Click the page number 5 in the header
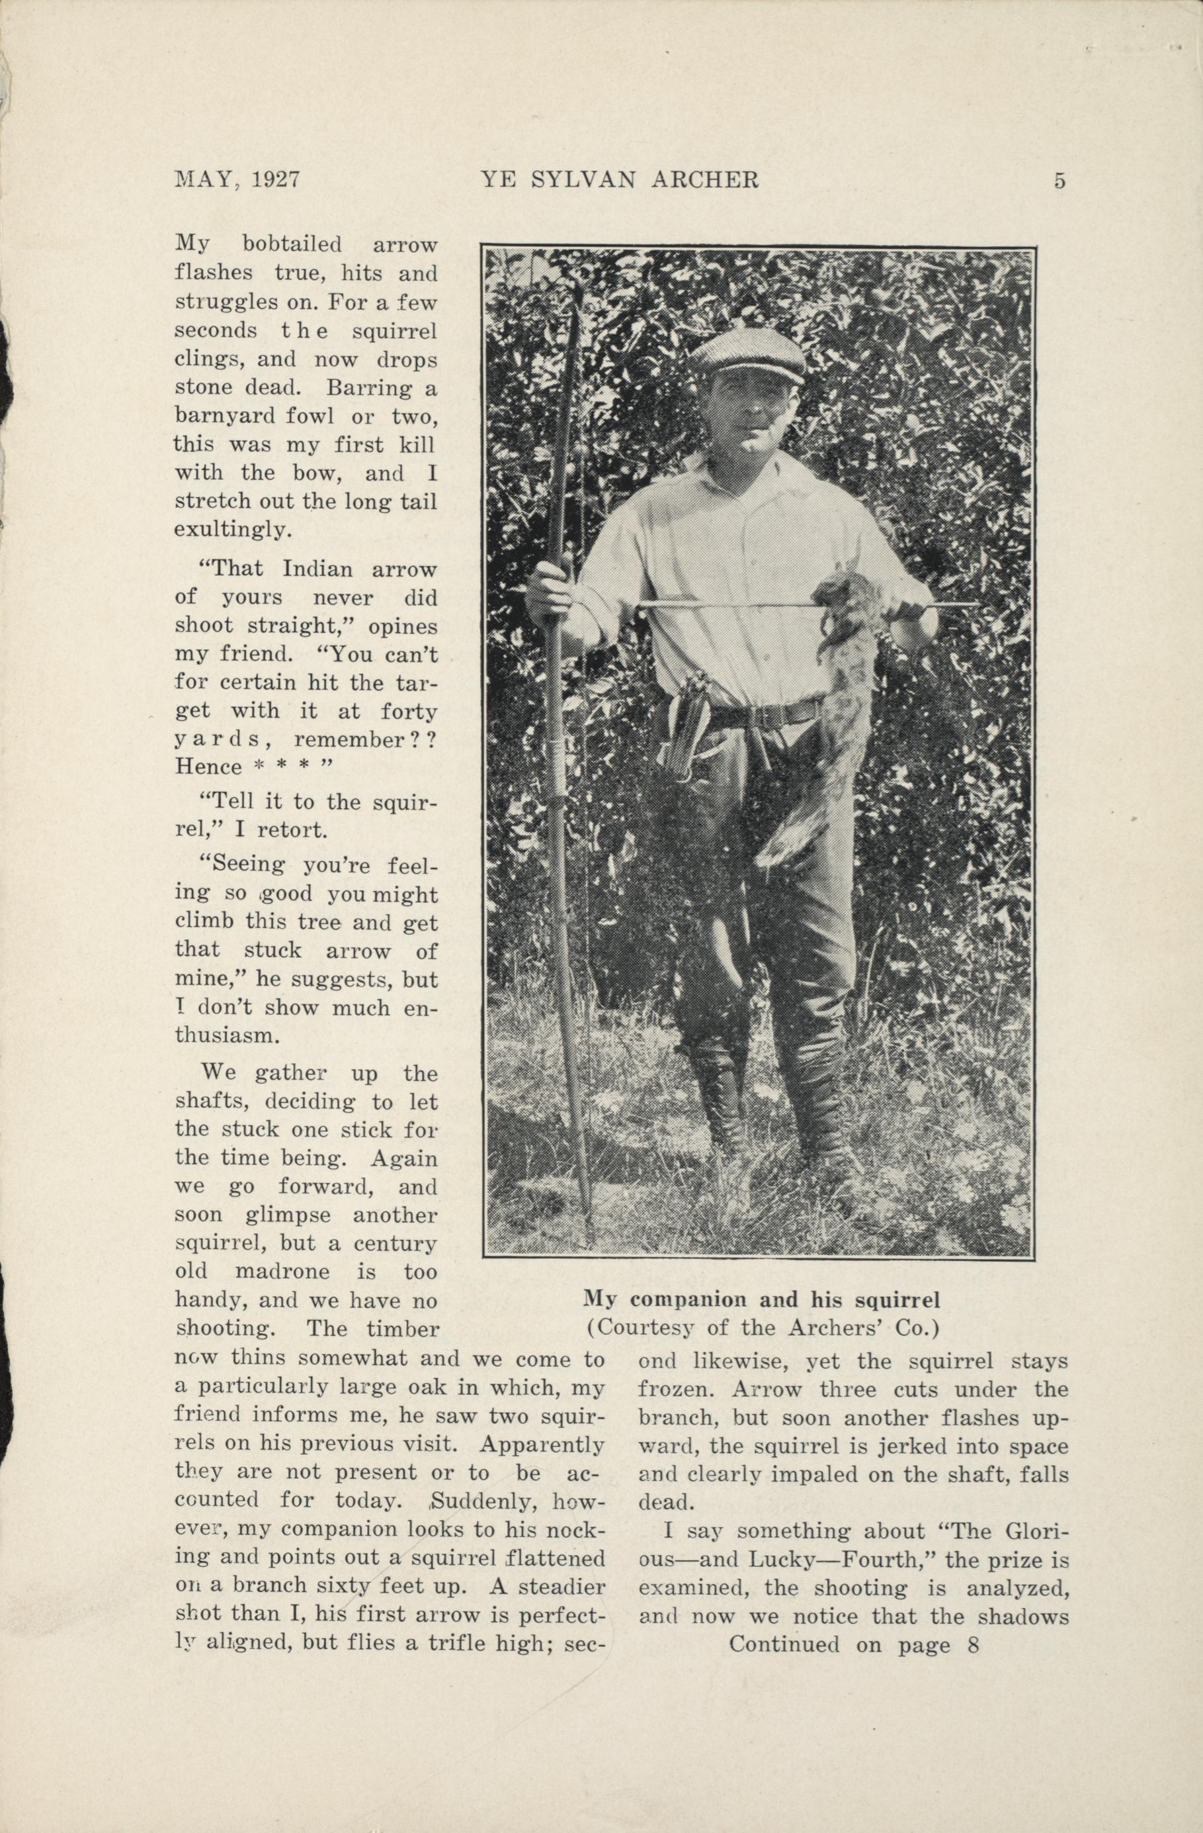[1060, 181]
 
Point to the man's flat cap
[747, 357]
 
